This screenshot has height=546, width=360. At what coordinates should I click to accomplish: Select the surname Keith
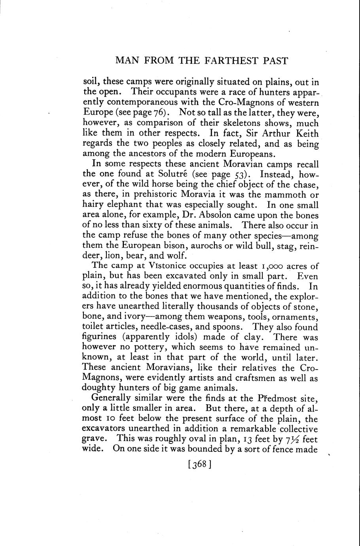305,133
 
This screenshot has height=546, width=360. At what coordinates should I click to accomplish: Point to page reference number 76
159,113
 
